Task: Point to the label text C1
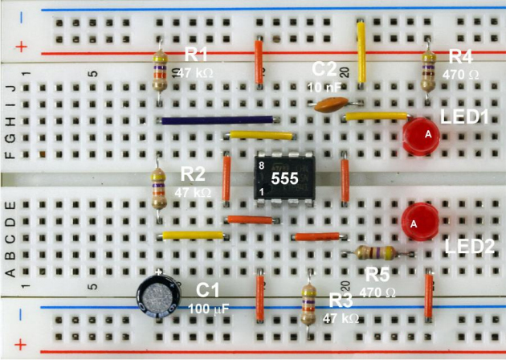tap(207, 291)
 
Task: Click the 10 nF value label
tap(321, 84)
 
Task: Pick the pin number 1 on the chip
tap(261, 192)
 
